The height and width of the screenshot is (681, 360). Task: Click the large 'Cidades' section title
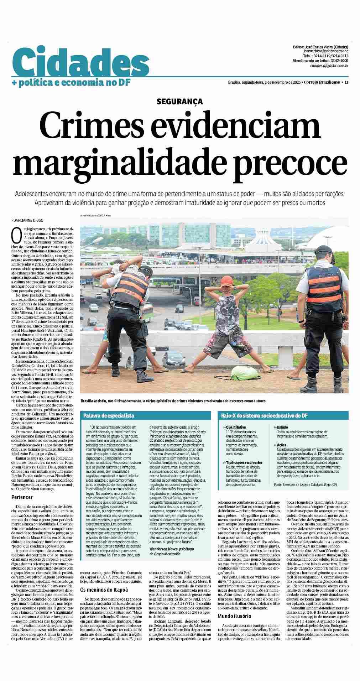pyautogui.click(x=80, y=63)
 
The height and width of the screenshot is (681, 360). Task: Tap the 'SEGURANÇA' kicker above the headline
pyautogui.click(x=179, y=102)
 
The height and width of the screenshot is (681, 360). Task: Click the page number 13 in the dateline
pyautogui.click(x=346, y=83)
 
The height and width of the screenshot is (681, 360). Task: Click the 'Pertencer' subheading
pyautogui.click(x=22, y=497)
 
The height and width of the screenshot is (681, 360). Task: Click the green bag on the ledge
pyautogui.click(x=242, y=372)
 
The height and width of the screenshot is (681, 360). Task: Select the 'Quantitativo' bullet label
pyautogui.click(x=236, y=427)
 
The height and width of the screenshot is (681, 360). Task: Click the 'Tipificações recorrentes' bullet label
pyautogui.click(x=244, y=463)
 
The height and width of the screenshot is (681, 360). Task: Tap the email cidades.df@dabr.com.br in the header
pyautogui.click(x=329, y=66)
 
